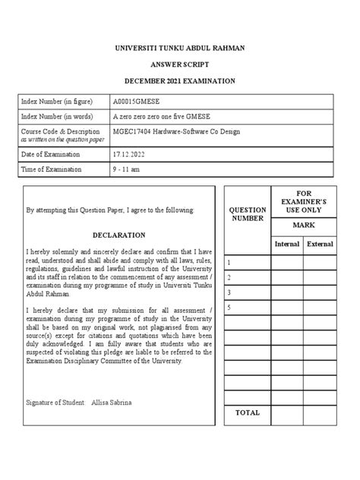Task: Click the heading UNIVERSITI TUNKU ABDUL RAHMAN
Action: [180, 48]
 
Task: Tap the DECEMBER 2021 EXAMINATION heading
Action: [180, 81]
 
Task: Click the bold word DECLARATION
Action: [118, 235]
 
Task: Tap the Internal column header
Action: [287, 244]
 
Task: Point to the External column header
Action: [320, 244]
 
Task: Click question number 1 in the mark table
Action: [229, 261]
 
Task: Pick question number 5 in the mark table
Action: [229, 307]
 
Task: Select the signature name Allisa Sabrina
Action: [111, 401]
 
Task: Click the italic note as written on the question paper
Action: [63, 140]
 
